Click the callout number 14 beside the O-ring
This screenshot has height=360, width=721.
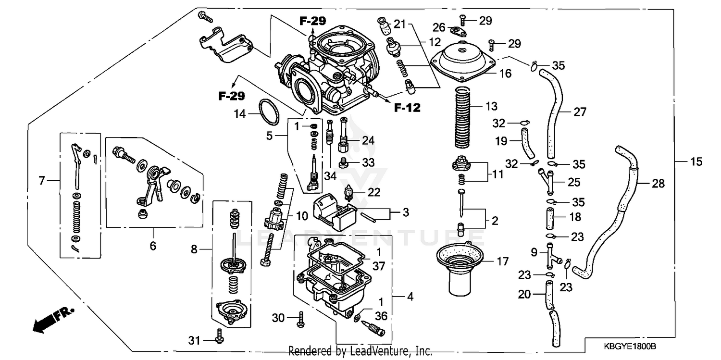240,114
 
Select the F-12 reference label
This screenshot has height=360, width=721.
407,108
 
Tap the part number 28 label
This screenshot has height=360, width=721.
659,184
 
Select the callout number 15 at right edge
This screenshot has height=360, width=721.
696,162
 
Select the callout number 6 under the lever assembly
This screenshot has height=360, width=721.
153,246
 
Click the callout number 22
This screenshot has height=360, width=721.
374,192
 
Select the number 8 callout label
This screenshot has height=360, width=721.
194,249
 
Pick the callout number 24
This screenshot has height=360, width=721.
368,141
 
